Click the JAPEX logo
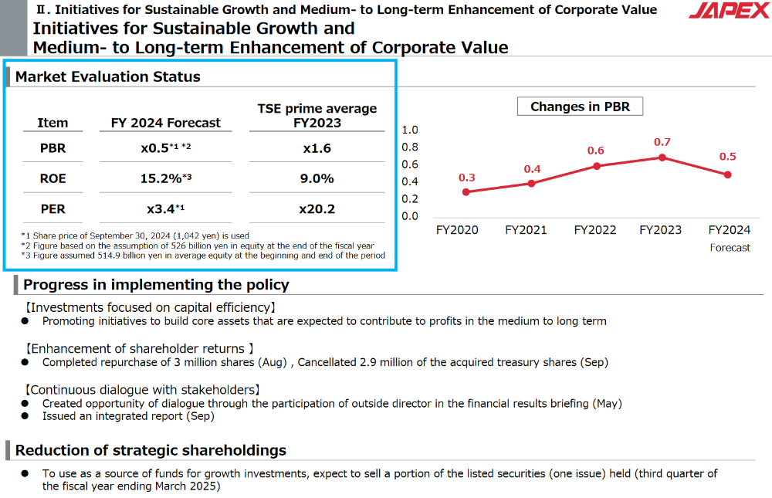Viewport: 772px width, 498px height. click(729, 12)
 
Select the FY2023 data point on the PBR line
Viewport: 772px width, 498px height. click(662, 158)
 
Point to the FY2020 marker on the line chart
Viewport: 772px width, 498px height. click(466, 191)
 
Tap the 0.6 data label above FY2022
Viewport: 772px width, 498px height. click(595, 151)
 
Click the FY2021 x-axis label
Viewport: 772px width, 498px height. click(526, 230)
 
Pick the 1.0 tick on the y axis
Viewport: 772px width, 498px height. click(410, 130)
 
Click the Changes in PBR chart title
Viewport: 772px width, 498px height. click(580, 107)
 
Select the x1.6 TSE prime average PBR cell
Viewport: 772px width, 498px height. click(317, 148)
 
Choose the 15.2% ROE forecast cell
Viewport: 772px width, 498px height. click(165, 178)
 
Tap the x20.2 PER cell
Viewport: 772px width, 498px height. click(317, 209)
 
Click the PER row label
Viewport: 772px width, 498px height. click(52, 209)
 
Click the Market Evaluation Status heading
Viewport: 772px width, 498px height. click(108, 77)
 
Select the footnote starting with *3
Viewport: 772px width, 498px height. click(202, 256)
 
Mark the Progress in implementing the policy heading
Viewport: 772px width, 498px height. click(156, 285)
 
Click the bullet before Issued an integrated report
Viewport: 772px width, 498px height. click(25, 417)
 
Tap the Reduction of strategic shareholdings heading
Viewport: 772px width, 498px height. click(151, 451)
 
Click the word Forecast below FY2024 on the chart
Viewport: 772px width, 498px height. click(730, 248)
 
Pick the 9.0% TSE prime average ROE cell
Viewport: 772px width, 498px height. click(317, 178)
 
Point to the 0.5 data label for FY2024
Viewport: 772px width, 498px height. click(727, 157)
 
